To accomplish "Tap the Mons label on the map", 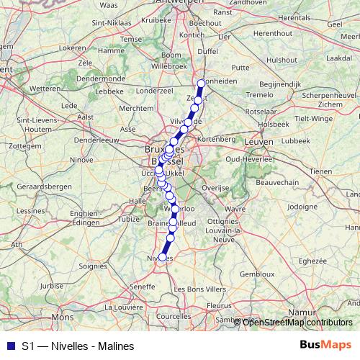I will (63, 317).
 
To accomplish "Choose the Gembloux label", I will (256, 274).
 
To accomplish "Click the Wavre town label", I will (232, 210).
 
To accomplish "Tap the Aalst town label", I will (86, 115).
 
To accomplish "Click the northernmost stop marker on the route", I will (202, 83).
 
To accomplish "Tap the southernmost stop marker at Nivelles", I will (163, 257).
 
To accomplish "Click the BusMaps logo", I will (325, 345).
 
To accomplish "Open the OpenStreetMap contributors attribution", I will (297, 322).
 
